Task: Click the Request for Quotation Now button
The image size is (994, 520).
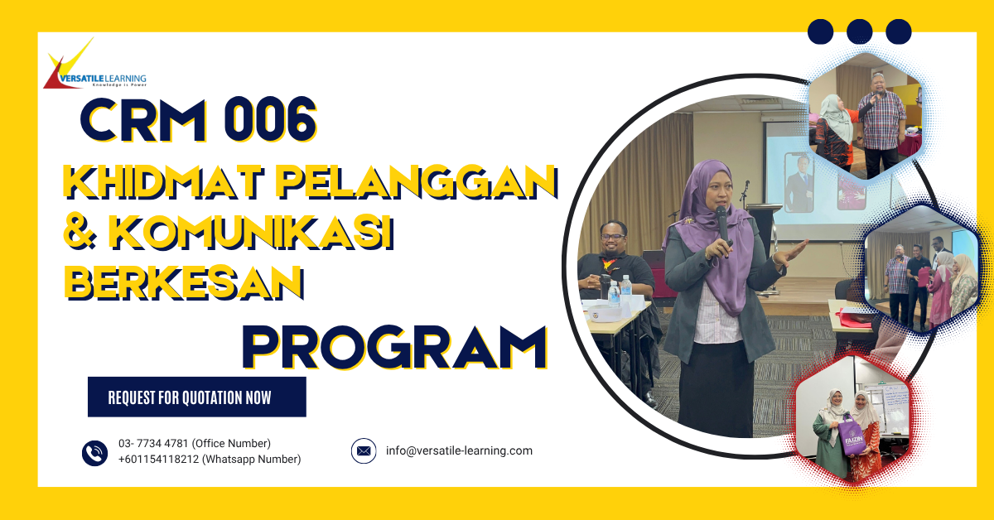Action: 197,397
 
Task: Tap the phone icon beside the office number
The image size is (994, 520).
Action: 95,452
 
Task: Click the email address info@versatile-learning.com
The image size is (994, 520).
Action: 459,451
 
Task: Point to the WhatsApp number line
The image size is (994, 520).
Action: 210,460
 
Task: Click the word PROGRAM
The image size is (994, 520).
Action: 394,349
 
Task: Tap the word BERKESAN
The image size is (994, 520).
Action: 183,284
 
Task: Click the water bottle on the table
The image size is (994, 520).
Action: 614,293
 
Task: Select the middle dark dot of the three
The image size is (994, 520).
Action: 860,31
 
